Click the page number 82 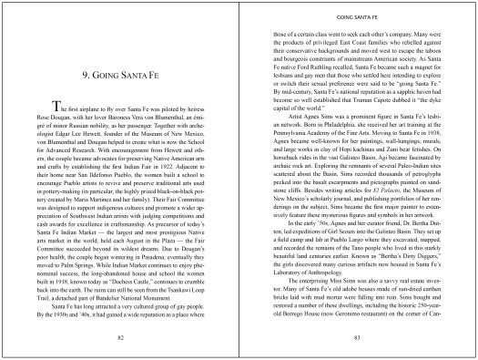(x=120, y=336)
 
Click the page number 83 (x=358, y=336)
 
